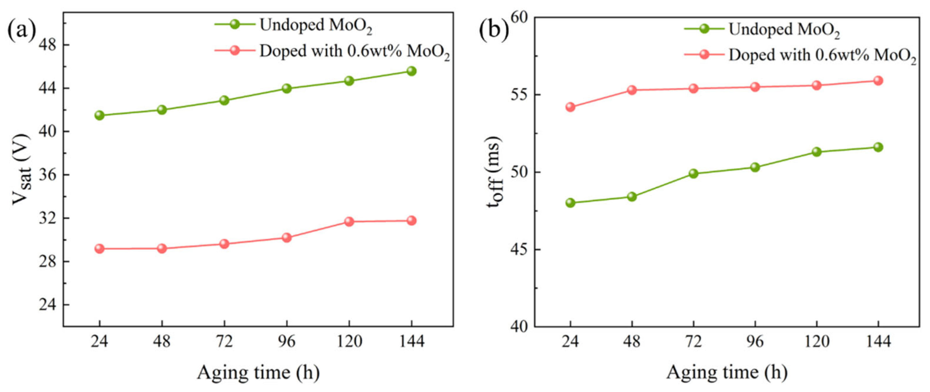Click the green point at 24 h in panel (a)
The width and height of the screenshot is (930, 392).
[99, 115]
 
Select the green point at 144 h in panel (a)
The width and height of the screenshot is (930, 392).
[411, 71]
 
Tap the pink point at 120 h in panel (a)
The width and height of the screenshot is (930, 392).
[349, 221]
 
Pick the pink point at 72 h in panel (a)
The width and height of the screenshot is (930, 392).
[224, 244]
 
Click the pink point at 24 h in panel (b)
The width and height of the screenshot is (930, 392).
[571, 107]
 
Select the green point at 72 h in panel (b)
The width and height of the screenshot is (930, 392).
[693, 174]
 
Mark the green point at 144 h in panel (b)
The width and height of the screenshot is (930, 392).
[878, 147]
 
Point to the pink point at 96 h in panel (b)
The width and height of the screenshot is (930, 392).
[755, 87]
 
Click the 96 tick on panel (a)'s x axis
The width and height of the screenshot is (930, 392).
[287, 341]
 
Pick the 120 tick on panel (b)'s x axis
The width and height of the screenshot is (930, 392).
[817, 341]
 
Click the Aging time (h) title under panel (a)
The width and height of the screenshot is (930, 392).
[259, 373]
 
